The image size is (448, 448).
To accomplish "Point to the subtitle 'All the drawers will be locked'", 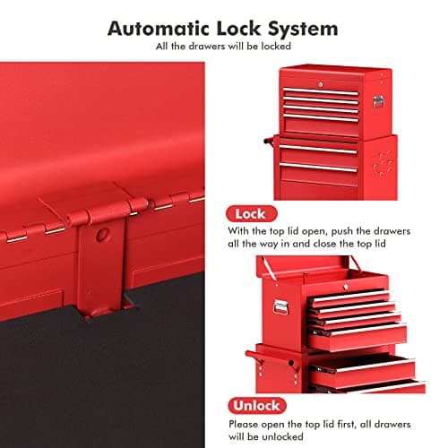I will coord(223,47).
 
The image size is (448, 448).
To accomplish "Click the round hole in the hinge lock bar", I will coord(103,233).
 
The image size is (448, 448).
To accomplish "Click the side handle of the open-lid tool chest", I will coord(283,306).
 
